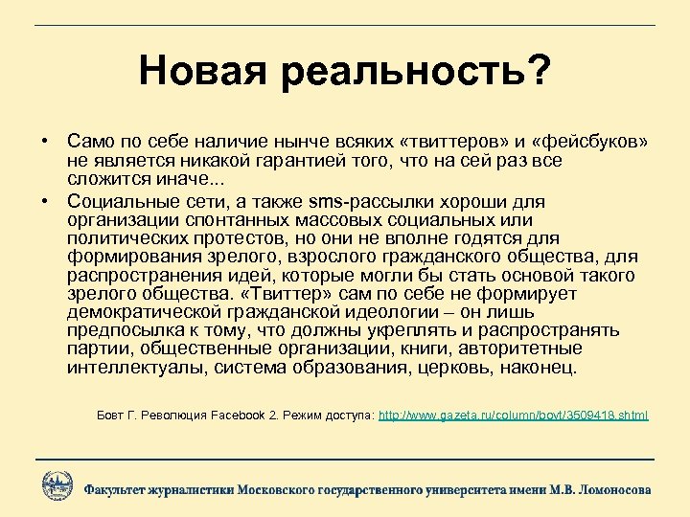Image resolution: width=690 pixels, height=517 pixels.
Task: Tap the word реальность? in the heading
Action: [418, 70]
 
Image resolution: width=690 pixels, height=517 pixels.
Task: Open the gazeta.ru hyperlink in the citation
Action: [514, 416]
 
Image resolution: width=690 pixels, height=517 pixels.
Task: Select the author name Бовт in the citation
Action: [111, 416]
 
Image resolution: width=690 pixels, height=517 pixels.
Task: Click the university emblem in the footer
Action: [57, 485]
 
